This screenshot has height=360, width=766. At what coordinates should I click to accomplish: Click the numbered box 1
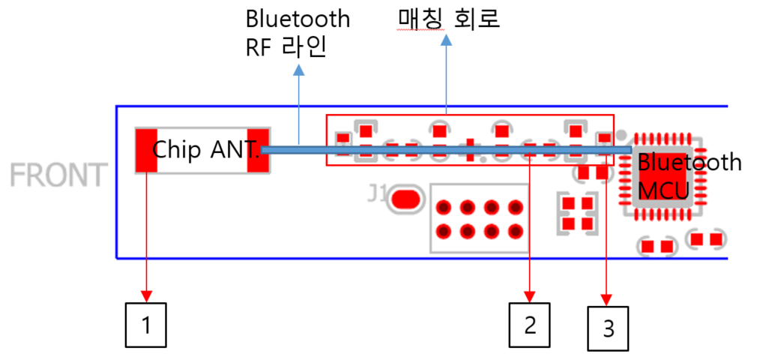(x=145, y=325)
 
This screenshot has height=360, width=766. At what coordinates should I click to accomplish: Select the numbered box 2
(x=530, y=325)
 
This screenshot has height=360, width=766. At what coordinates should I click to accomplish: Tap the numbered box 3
(x=608, y=328)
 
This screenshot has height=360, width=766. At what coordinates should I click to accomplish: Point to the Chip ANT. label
(x=205, y=149)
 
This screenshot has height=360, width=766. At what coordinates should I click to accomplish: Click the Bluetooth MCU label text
(x=688, y=177)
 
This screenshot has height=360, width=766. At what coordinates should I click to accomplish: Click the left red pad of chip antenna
(x=145, y=150)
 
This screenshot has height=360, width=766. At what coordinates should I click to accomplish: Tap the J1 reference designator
(x=377, y=196)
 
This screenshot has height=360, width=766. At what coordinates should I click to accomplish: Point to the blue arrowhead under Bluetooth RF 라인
(x=299, y=70)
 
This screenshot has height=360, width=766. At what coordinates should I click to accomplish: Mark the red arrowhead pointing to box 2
(x=530, y=292)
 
